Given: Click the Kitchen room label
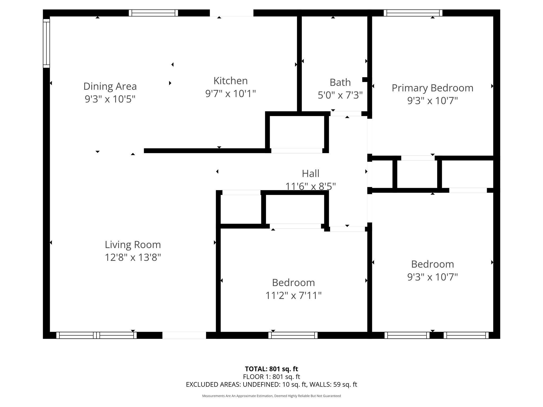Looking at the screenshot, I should point(230,81).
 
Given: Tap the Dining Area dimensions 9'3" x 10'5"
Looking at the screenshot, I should point(110,99).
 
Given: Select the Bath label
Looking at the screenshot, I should point(340,82).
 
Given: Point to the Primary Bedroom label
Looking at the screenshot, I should point(432,88).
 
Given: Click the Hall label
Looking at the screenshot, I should point(310,174).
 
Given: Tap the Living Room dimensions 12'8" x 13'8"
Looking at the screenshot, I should point(133,257).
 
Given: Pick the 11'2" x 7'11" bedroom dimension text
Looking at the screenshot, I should point(294,295).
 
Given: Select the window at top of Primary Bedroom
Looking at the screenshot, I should point(413,13).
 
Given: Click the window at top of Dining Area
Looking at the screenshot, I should point(153,13).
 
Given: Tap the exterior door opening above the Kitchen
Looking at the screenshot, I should point(231,13).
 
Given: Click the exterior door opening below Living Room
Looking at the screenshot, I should point(184,335).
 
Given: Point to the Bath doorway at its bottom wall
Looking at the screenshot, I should point(346,114).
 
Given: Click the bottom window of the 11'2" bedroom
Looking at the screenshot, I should point(293,335).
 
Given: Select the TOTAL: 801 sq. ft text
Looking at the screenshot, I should point(271,369).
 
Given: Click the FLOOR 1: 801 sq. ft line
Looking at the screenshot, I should point(271,377).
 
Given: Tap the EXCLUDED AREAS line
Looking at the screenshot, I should point(271,384).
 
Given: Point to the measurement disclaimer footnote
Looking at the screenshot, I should point(271,396).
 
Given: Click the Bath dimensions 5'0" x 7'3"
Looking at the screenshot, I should point(340,95).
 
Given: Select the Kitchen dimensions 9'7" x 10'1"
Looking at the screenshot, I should point(230,94).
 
